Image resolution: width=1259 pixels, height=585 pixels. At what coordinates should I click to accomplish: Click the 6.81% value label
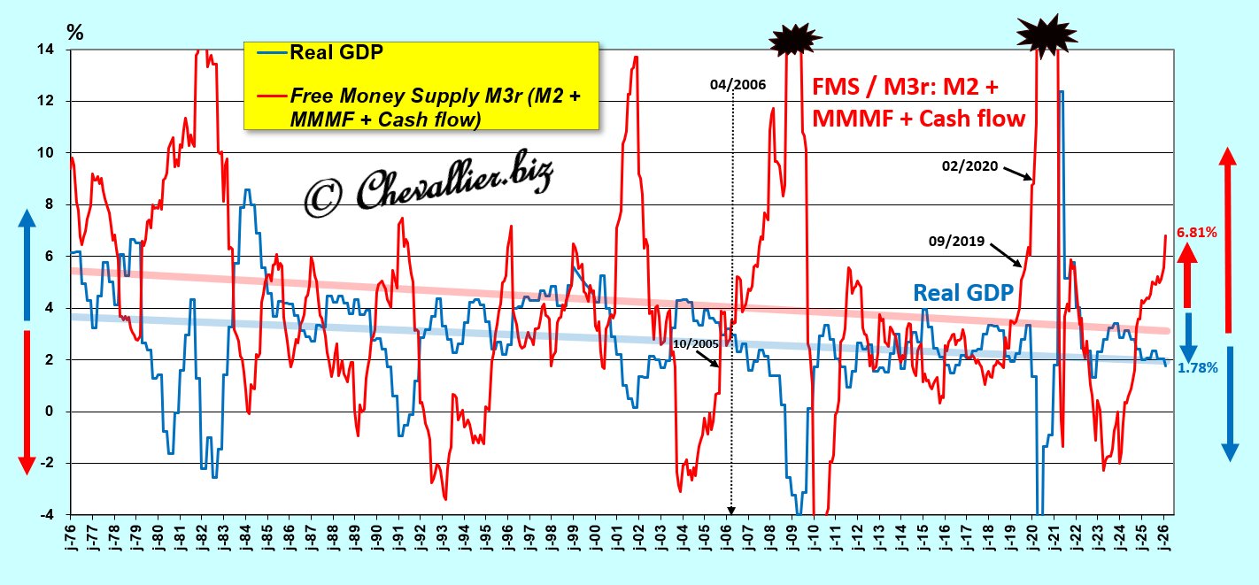(x=1196, y=233)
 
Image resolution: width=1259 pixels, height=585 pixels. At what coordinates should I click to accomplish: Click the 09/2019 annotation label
(x=958, y=239)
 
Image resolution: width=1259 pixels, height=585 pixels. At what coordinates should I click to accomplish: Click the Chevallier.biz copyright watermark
(x=429, y=189)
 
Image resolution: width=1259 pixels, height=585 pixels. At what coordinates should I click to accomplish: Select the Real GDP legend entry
(x=336, y=52)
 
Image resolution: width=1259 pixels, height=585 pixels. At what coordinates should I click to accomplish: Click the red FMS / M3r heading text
(x=918, y=102)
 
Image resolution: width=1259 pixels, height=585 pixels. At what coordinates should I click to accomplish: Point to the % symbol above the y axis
(x=75, y=33)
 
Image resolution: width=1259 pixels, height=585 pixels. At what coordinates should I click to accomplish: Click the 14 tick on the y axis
(x=52, y=50)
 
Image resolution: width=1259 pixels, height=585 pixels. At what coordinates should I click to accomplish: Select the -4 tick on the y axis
(x=52, y=514)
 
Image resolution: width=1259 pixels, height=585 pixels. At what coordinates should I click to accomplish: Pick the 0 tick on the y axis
(x=57, y=412)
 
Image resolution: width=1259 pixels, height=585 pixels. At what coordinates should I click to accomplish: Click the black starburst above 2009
(x=795, y=38)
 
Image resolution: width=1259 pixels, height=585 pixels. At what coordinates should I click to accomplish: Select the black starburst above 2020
(x=1046, y=33)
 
